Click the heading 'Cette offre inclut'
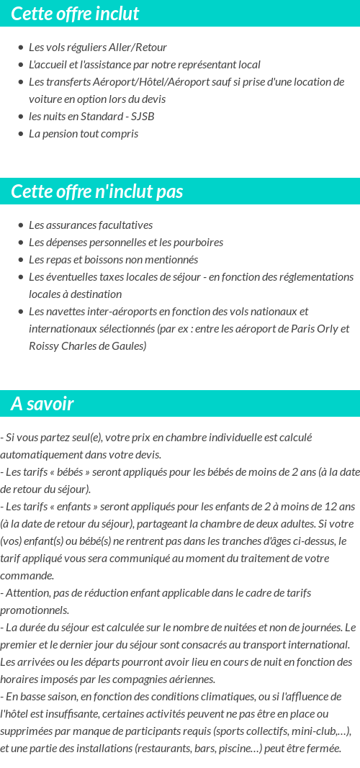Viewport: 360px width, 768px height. pyautogui.click(x=75, y=14)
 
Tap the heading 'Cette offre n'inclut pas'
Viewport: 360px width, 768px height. pyautogui.click(x=97, y=191)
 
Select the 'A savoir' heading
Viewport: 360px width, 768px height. pyautogui.click(x=42, y=404)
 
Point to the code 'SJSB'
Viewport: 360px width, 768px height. pyautogui.click(x=143, y=116)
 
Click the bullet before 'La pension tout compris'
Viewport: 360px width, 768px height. pyautogui.click(x=20, y=134)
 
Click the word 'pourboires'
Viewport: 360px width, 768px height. pyautogui.click(x=198, y=242)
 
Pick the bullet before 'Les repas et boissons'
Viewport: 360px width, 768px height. pyautogui.click(x=20, y=260)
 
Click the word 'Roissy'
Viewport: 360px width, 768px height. pyautogui.click(x=44, y=345)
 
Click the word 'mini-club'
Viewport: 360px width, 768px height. pyautogui.click(x=309, y=731)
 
